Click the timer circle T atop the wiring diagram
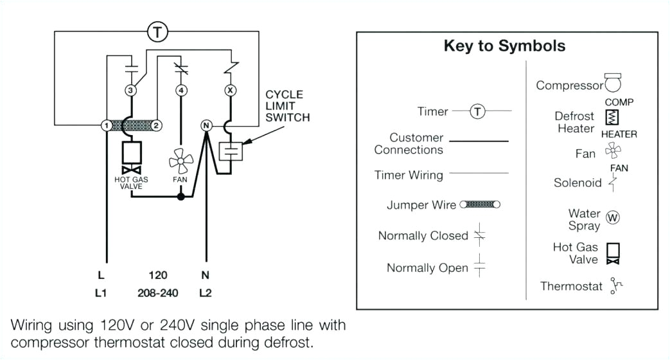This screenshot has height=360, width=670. coord(157,32)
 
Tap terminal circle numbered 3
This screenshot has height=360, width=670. coord(130,91)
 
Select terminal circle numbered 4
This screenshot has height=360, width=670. coord(182,91)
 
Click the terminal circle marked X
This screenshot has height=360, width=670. coord(230,91)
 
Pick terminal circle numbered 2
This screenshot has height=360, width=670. coord(156,125)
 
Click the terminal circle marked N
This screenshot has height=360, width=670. coord(206,125)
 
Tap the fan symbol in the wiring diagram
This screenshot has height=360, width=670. coord(180,161)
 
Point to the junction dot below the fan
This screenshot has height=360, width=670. coord(181,197)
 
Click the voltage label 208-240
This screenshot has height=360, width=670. coord(157,293)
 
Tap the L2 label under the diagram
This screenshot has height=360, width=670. coord(206,293)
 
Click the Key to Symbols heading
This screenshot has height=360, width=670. coord(504,46)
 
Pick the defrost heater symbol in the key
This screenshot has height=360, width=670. coord(612,118)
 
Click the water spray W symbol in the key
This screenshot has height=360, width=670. coord(613,218)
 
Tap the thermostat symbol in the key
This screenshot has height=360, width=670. coord(617,286)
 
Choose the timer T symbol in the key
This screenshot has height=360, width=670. coord(477,112)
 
